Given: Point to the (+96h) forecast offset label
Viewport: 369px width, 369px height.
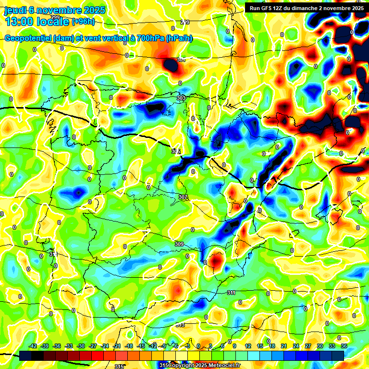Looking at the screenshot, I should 83,22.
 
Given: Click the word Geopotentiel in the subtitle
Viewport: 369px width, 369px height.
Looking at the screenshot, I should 29,38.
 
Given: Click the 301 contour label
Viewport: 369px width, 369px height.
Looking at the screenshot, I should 181,60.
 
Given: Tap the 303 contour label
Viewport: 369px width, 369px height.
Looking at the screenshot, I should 181,98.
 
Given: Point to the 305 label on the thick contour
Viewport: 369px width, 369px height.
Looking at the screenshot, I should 176,151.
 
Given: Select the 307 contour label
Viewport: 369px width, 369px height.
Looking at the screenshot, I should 183,197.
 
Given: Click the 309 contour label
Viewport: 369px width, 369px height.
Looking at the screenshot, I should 179,244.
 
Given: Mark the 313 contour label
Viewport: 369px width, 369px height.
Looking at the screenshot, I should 180,325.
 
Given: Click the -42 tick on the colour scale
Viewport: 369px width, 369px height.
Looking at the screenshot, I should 33,346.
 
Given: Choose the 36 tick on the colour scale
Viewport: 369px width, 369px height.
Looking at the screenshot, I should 344,346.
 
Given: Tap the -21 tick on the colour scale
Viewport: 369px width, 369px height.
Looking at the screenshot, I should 117,346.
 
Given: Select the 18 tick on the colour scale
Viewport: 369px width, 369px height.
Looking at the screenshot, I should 271,346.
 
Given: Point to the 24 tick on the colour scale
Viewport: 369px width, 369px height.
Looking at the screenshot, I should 295,346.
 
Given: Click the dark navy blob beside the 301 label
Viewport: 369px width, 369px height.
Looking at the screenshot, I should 171,65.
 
